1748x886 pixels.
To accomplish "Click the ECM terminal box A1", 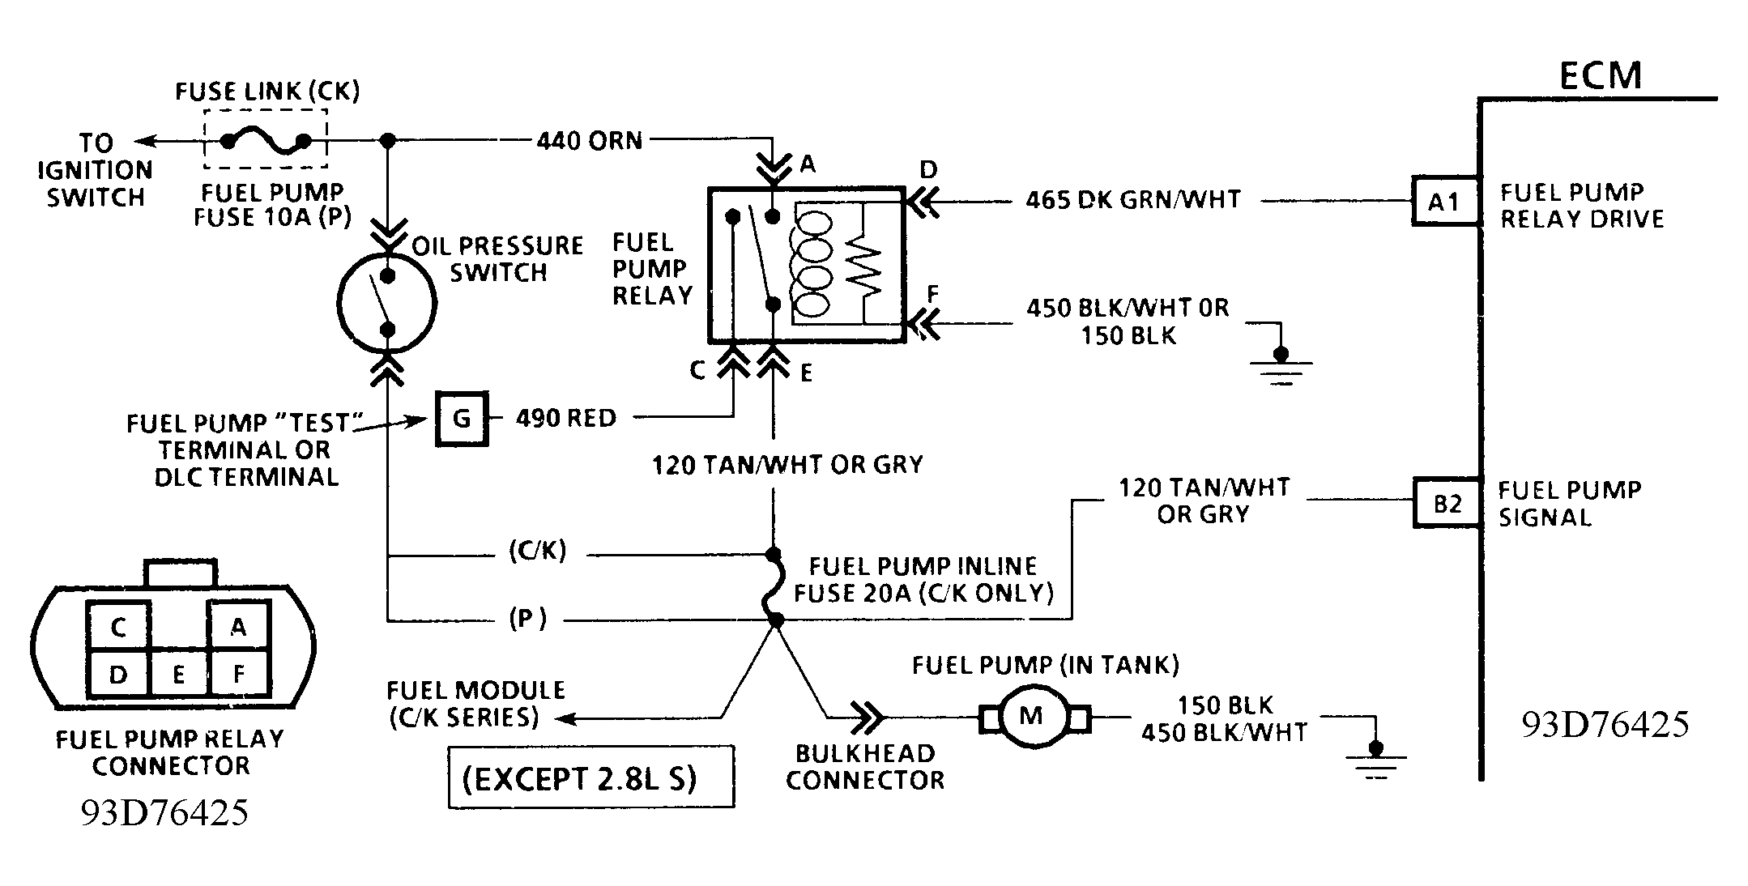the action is tap(1445, 201).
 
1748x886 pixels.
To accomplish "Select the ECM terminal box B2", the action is tap(1447, 503).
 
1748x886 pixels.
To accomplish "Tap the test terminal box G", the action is tap(462, 419).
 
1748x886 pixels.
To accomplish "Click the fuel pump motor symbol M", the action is tap(1030, 717).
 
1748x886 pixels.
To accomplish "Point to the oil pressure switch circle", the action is tap(387, 304).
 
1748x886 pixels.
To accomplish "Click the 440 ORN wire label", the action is tap(589, 141).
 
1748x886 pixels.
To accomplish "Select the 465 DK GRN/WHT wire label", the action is tap(1133, 199).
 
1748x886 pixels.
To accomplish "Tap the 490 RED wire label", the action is tap(566, 418).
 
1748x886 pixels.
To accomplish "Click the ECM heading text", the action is tap(1601, 75).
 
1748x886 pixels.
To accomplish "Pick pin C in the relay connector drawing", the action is tap(118, 628).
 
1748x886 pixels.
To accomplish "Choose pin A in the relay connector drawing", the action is tap(238, 628).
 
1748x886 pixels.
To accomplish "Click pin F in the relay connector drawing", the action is tap(238, 674).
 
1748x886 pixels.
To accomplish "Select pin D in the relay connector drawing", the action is tap(118, 674).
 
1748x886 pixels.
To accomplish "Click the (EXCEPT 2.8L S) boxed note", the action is tap(591, 777).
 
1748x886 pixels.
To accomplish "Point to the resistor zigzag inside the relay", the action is tap(863, 272).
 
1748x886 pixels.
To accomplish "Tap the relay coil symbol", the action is tap(812, 261).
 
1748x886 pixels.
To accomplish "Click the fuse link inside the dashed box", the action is tap(266, 142).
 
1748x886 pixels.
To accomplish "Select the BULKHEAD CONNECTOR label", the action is tap(865, 767).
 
